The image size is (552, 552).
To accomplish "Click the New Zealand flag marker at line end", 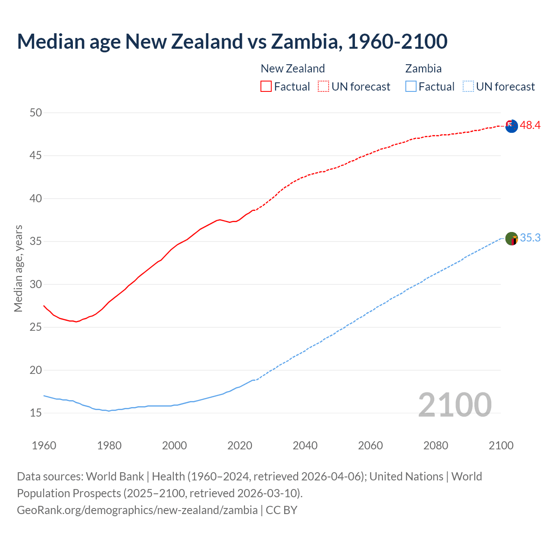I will coord(511,126).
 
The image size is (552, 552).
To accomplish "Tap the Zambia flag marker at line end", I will coord(511,238).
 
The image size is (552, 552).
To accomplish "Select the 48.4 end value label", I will coord(530,125).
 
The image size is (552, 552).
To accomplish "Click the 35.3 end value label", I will coord(530,238).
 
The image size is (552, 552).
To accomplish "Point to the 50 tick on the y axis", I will coord(36,113).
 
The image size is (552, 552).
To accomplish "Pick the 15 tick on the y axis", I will coord(36,413).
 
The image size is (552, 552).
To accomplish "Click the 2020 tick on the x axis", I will coord(239,445).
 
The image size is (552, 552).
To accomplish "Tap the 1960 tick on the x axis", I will coord(44,445).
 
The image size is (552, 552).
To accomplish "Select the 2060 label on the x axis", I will coord(370,445).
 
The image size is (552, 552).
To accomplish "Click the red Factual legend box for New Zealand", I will coord(266,87).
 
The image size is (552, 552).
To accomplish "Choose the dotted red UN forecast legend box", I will coord(323,87).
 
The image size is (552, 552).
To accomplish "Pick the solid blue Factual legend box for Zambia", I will coord(411,87).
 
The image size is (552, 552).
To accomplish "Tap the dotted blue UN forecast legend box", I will coord(468,87).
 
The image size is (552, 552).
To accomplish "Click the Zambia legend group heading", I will coord(423,69).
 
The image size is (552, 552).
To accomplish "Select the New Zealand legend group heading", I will coord(292,69).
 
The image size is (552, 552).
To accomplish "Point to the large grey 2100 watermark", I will coord(455,405).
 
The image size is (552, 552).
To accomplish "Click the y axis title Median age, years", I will coord(18,268).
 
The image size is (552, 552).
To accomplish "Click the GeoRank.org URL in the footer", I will coord(137,510).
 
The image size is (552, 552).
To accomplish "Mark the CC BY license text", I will coord(282,510).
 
